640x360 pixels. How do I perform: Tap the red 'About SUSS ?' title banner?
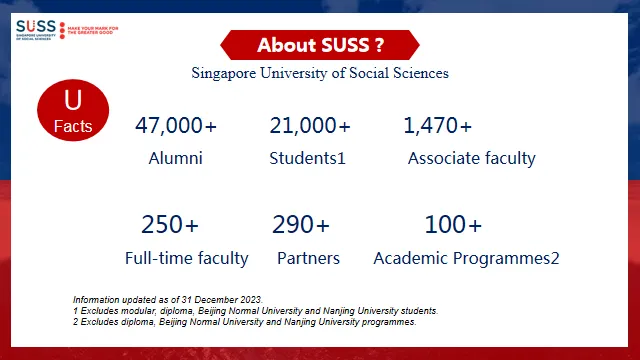click(x=320, y=45)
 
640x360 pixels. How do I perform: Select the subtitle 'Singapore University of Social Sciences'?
click(x=320, y=73)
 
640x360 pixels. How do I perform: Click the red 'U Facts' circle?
click(x=72, y=111)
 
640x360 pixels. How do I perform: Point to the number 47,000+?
click(x=176, y=126)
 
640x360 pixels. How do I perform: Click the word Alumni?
click(x=176, y=158)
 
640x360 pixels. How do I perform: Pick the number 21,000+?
click(x=310, y=126)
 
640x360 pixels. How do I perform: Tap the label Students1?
click(x=307, y=158)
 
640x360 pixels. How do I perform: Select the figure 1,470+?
click(x=437, y=126)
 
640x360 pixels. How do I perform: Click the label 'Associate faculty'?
click(x=472, y=158)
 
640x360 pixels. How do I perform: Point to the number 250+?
click(x=170, y=224)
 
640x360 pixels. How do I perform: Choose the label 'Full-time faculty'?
click(x=187, y=258)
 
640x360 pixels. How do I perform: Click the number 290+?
click(x=301, y=224)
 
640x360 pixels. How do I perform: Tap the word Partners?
click(x=308, y=258)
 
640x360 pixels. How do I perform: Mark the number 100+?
click(x=453, y=224)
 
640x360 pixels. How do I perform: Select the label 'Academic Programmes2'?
click(x=466, y=258)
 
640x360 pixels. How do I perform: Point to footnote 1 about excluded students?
click(x=255, y=311)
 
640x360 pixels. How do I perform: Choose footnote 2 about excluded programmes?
click(x=244, y=322)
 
